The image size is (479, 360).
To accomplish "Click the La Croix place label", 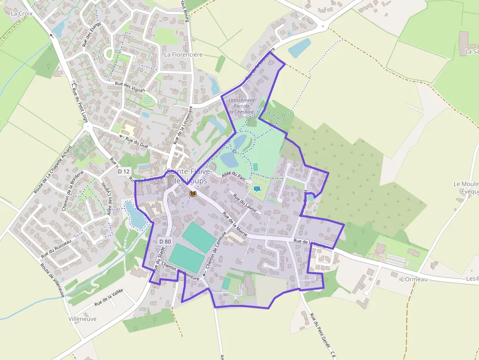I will click(22, 14).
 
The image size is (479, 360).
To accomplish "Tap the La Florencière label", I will click(183, 55).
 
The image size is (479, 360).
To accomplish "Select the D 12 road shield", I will click(124, 171).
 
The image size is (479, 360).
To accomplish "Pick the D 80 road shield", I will click(165, 241).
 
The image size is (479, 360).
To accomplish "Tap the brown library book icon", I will click(193, 194).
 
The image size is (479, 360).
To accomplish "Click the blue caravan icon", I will click(257, 188).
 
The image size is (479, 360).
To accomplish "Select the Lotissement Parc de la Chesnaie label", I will click(242, 106).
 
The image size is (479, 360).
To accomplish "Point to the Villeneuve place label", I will click(83, 318).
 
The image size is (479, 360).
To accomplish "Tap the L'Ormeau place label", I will click(414, 279).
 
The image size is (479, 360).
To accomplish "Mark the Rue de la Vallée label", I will click(109, 296).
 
